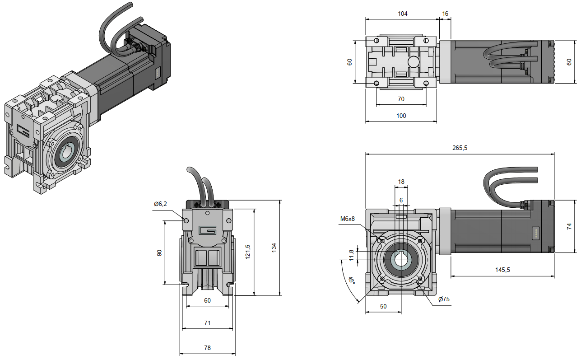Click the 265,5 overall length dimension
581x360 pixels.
click(459, 148)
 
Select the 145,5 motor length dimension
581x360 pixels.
click(502, 270)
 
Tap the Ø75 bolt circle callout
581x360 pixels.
click(444, 299)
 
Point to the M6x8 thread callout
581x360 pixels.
click(347, 219)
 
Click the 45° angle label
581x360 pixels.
click(351, 280)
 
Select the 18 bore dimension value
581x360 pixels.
click(401, 182)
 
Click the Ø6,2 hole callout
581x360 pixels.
click(160, 204)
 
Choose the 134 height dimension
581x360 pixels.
click(274, 248)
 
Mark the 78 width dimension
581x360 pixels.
click(207, 348)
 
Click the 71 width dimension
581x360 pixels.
click(207, 323)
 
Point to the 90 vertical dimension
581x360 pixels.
click(159, 253)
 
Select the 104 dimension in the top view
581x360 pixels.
click(402, 14)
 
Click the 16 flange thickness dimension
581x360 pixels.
click(445, 14)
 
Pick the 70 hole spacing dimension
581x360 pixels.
click(401, 99)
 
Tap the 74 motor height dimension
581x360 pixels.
click(569, 226)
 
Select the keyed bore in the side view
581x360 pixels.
click(400, 262)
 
